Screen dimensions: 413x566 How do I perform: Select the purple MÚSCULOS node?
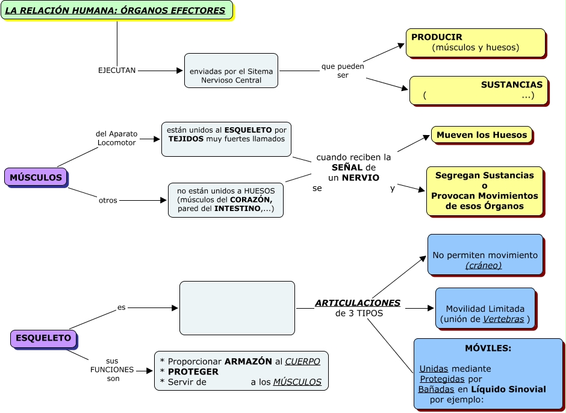36,177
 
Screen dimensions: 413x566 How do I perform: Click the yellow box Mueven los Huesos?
482,135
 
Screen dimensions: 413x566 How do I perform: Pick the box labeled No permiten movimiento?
485,255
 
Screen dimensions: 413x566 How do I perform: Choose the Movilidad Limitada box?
485,309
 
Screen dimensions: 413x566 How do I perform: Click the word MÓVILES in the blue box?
488,348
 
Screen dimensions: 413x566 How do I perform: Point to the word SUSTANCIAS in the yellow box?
511,85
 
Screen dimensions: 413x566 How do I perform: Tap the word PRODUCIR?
437,37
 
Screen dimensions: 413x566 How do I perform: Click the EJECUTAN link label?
117,71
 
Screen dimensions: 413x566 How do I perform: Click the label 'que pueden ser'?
343,71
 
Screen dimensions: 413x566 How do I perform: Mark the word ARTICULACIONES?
358,303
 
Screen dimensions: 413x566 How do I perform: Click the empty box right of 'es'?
237,307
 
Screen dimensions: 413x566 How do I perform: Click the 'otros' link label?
108,200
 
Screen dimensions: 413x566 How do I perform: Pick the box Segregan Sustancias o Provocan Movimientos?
485,191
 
